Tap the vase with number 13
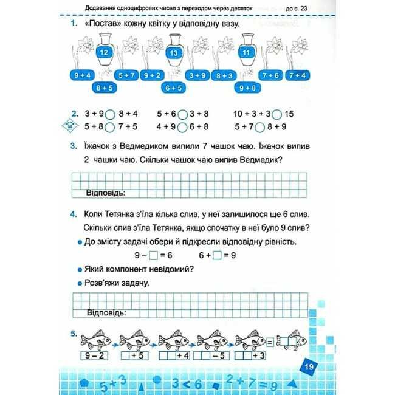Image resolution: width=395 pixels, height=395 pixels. point(174,49)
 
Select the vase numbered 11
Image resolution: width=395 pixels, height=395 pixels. point(246,49)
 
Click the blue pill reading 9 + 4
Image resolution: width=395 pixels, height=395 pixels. point(81,75)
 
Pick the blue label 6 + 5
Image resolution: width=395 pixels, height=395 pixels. point(173,88)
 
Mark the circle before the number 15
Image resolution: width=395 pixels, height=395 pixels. point(276,114)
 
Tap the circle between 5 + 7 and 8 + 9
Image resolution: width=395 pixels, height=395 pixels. point(259,128)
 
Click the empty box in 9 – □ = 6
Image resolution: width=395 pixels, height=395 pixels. point(153,256)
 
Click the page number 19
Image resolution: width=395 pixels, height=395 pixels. point(309,366)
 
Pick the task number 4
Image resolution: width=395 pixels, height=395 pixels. point(72,215)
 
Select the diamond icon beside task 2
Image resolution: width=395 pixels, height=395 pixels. point(73,126)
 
